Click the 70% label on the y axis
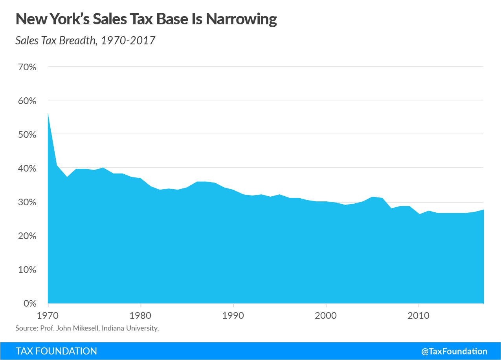coord(27,67)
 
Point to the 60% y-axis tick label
coord(27,101)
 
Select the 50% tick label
coord(27,135)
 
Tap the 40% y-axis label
coord(27,168)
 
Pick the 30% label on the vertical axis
coord(27,202)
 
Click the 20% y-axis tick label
coord(27,236)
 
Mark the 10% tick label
coord(27,270)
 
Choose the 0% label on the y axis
coord(29,303)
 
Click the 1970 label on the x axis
coord(48,315)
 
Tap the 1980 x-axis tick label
coord(141,315)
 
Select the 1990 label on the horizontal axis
coord(233,315)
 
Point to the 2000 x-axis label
coord(326,315)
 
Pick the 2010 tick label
coord(419,315)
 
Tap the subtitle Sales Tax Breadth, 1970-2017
coord(85,40)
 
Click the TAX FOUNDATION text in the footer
coord(56,351)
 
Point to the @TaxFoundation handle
coord(454,351)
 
